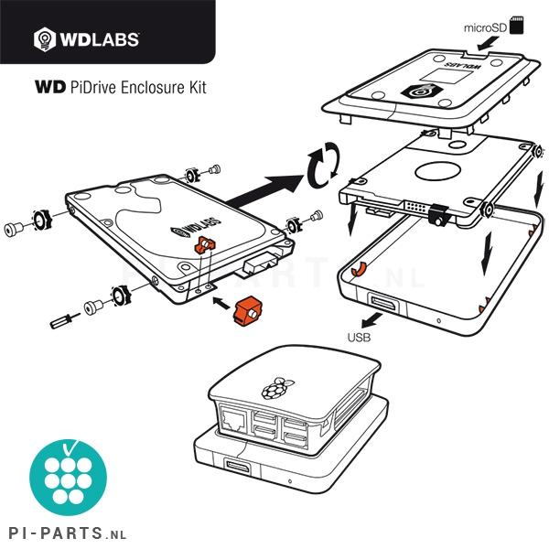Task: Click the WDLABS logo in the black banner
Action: pos(86,38)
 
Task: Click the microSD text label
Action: pos(485,27)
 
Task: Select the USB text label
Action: pos(360,337)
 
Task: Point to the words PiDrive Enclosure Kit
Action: pos(137,88)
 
